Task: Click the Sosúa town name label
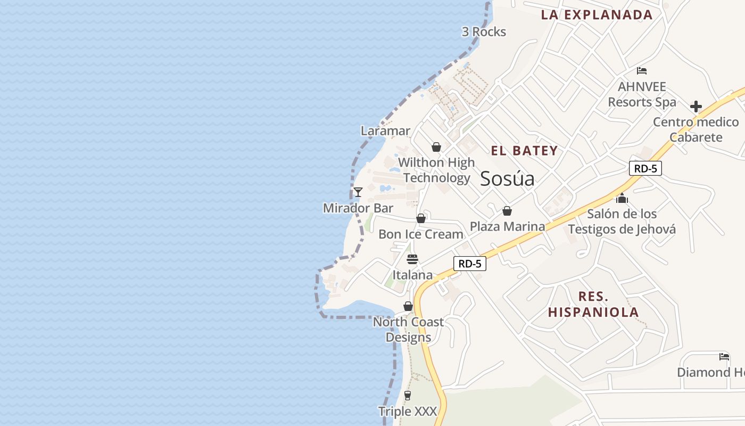tap(507, 179)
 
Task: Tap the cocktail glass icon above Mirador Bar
tap(358, 192)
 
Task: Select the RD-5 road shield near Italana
tap(470, 263)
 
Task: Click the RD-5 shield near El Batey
tap(645, 169)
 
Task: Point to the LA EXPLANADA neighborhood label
tap(597, 15)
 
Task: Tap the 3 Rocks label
tap(484, 32)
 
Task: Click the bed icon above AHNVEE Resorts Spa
tap(642, 70)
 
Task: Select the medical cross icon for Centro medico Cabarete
tap(696, 106)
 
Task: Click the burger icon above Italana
tap(412, 259)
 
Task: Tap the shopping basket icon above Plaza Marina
tap(507, 211)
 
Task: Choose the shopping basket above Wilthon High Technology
tap(436, 147)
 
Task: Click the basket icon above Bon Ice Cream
tap(421, 218)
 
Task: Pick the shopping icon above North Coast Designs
tap(408, 306)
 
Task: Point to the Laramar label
tap(385, 131)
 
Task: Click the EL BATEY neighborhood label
tap(524, 151)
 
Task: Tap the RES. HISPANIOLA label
tap(593, 305)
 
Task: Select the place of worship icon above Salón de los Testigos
tap(622, 199)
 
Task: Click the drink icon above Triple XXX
tap(408, 395)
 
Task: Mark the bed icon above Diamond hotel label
tap(724, 356)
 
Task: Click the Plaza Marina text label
tap(507, 227)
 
